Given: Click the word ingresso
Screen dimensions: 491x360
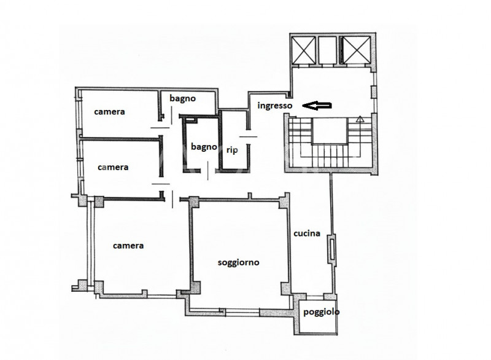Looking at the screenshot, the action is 274,106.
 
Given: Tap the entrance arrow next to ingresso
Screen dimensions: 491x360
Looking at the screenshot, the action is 317,106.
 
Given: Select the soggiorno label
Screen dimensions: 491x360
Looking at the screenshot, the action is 238,262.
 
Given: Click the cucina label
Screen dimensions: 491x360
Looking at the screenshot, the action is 306,233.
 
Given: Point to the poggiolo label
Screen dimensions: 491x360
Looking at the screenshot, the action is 321,312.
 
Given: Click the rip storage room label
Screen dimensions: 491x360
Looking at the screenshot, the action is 232,150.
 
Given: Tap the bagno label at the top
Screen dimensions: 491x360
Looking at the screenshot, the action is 182,98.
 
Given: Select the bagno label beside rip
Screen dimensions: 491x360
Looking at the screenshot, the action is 204,147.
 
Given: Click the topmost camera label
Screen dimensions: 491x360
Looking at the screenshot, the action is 109,112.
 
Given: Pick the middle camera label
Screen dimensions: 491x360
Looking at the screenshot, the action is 113,167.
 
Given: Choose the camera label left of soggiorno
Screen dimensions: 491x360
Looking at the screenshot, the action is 128,245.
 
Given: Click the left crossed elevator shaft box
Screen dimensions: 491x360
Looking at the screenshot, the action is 303,50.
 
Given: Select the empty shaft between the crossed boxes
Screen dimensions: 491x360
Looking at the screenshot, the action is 328,50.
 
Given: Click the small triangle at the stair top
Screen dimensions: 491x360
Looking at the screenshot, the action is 360,119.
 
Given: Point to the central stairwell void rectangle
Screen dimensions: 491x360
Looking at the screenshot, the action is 330,131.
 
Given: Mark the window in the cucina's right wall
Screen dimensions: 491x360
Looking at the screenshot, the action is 331,249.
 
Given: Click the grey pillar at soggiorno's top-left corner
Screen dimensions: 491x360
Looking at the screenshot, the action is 193,202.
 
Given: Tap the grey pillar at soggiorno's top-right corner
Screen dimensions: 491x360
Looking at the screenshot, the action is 284,201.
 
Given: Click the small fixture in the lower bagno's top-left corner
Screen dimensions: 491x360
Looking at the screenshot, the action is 190,119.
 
